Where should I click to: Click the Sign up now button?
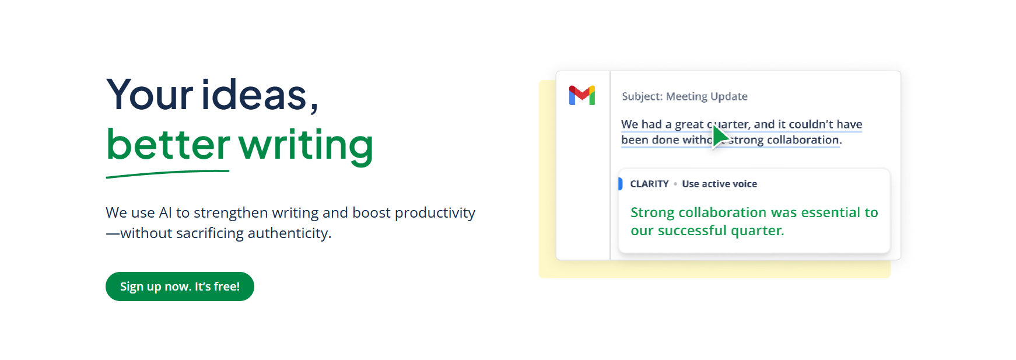coord(180,286)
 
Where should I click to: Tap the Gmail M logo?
coord(582,96)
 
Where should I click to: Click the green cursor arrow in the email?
coord(721,137)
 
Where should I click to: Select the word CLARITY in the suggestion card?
coord(649,184)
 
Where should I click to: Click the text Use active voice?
coord(720,184)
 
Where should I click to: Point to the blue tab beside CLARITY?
coord(620,184)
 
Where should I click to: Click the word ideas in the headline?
coord(254,95)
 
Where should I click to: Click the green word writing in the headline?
coord(306,146)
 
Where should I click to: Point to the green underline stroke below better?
coord(167,173)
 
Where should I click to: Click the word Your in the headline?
coord(149,95)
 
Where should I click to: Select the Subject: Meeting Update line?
coord(685,96)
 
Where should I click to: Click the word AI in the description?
coord(166,212)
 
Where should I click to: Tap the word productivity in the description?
coord(435,214)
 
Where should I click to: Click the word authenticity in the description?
coord(289,233)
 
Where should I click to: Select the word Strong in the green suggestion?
coord(653,213)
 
